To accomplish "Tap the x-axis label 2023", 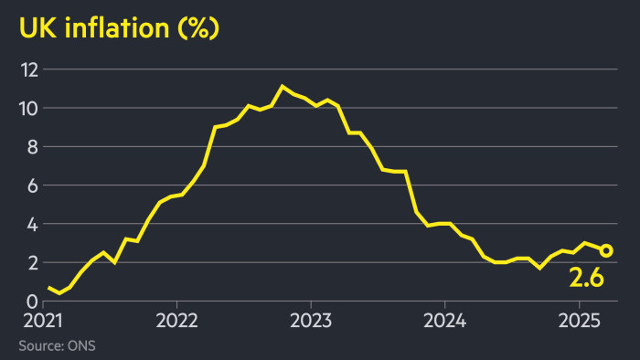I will [x=310, y=322].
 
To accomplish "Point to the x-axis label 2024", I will [x=444, y=322].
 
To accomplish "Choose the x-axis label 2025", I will [x=579, y=322].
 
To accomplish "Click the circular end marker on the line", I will [x=606, y=250].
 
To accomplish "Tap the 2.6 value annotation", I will [x=587, y=278].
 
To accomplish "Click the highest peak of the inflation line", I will [x=283, y=87].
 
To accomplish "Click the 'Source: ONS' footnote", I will [x=56, y=345].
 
